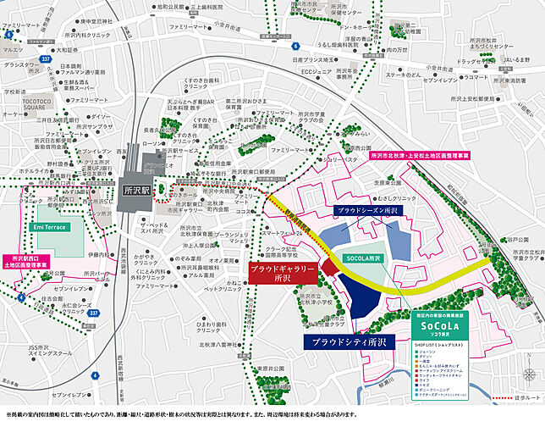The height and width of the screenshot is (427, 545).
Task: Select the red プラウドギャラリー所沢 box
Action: coord(282,272)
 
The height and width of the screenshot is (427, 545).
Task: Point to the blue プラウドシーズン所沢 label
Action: coord(366,208)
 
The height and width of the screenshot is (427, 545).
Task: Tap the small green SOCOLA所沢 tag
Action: coord(365,258)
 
